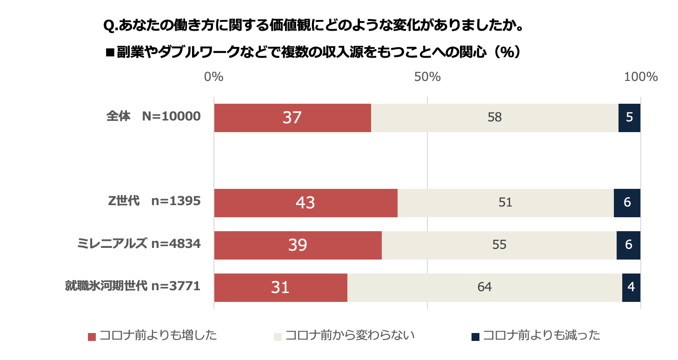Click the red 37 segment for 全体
[x=292, y=118]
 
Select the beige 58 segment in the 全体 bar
[x=495, y=118]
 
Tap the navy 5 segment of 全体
[x=629, y=118]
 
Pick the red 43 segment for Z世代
[x=306, y=203]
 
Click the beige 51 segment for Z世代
[x=505, y=203]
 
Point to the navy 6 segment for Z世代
[x=627, y=203]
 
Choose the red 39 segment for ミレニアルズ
[x=298, y=245]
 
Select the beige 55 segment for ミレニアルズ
[x=499, y=245]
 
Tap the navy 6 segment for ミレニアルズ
[x=628, y=245]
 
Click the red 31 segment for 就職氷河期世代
[x=280, y=287]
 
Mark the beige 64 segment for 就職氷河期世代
[x=485, y=287]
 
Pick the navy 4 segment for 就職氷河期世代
[x=631, y=287]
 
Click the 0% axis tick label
[x=214, y=77]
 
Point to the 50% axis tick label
[x=427, y=77]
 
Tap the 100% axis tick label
[x=641, y=77]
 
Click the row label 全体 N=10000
[x=153, y=117]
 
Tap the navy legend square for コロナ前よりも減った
[x=475, y=336]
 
